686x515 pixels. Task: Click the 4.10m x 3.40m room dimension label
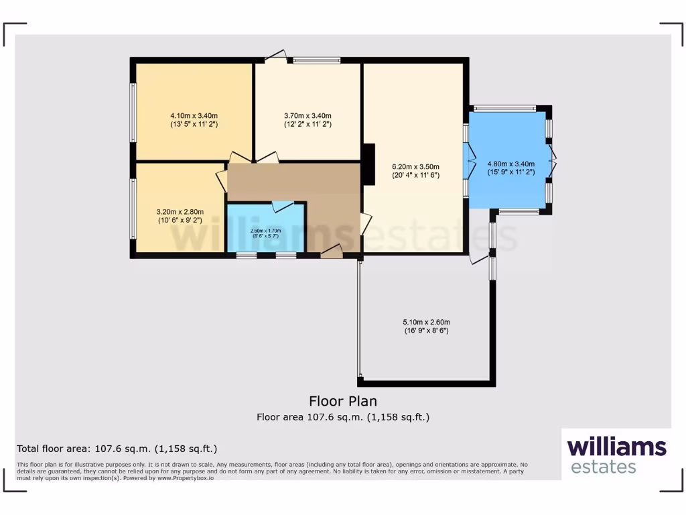click(194, 119)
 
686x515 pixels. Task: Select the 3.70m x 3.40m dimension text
click(307, 119)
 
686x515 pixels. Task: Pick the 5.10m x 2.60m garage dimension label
click(426, 326)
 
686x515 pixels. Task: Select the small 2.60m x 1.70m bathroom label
click(265, 233)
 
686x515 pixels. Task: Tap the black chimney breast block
click(368, 164)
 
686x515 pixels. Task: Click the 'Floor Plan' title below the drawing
click(342, 401)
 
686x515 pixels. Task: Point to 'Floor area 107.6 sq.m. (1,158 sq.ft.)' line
click(342, 417)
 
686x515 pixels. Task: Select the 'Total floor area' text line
click(117, 449)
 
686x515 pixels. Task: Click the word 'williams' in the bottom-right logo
click(616, 447)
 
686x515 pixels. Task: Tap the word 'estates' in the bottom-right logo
click(603, 467)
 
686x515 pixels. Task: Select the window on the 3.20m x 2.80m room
click(133, 208)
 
